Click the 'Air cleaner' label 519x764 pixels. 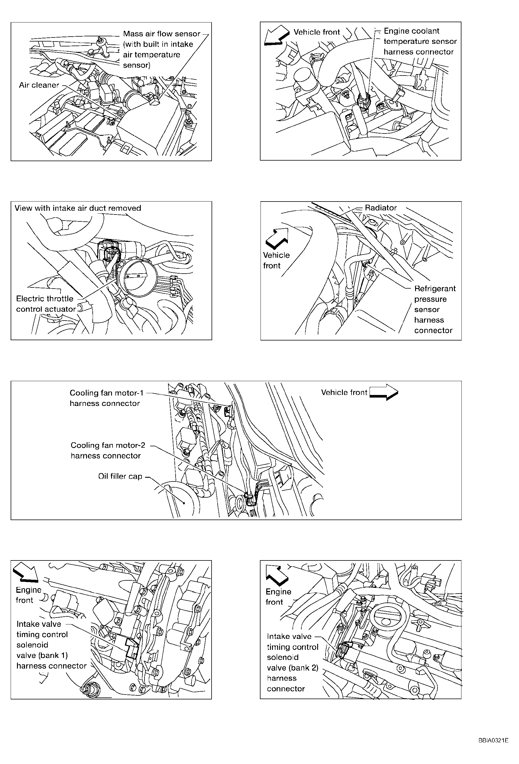(x=39, y=85)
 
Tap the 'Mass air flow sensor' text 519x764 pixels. (x=161, y=34)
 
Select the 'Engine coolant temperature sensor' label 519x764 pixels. (x=420, y=42)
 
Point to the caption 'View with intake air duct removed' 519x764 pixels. (x=78, y=208)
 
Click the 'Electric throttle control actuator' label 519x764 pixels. (x=46, y=304)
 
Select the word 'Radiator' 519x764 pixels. (x=381, y=208)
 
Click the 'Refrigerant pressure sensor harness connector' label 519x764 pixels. (x=435, y=309)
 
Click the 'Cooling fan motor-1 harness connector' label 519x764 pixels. (x=106, y=398)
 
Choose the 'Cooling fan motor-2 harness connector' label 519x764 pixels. (x=108, y=450)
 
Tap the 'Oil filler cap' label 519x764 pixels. (x=120, y=476)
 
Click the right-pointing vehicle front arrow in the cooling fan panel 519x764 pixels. (x=384, y=392)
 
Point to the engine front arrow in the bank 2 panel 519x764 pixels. (x=277, y=576)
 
